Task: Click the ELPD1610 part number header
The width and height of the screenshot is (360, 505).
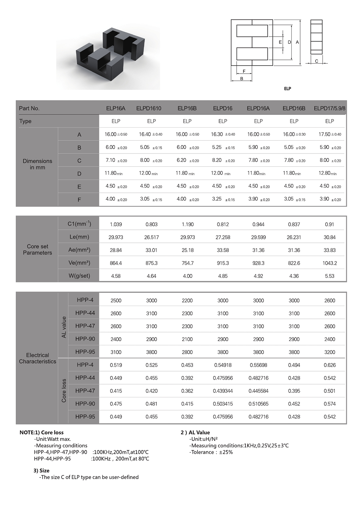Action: point(149,108)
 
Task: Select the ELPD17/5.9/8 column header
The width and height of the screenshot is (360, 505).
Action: point(329,108)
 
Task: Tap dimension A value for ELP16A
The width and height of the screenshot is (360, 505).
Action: point(116,134)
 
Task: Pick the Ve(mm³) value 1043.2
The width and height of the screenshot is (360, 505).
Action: point(330,263)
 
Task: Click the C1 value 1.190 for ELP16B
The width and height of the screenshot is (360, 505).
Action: point(188,225)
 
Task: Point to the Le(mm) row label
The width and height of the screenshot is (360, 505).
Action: point(79,237)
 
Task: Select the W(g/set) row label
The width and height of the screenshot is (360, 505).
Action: point(79,276)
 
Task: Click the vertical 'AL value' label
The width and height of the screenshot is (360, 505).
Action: point(64,327)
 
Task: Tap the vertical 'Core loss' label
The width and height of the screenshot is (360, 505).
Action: point(64,391)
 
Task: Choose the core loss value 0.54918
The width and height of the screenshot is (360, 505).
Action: point(223,365)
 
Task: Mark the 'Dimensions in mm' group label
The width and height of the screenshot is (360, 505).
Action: point(37,164)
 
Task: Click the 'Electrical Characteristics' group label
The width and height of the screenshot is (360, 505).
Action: point(37,358)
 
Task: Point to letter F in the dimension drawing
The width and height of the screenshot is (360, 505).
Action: point(244,71)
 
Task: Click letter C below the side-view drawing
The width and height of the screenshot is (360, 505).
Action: point(316,61)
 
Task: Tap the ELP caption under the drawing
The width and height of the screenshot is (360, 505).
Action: point(287,89)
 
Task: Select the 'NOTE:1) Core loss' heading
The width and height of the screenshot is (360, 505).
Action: point(42,432)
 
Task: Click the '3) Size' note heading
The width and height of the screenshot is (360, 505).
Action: point(41,471)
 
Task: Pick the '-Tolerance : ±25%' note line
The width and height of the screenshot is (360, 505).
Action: point(211,452)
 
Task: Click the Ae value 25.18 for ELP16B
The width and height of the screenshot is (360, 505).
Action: point(188,250)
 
